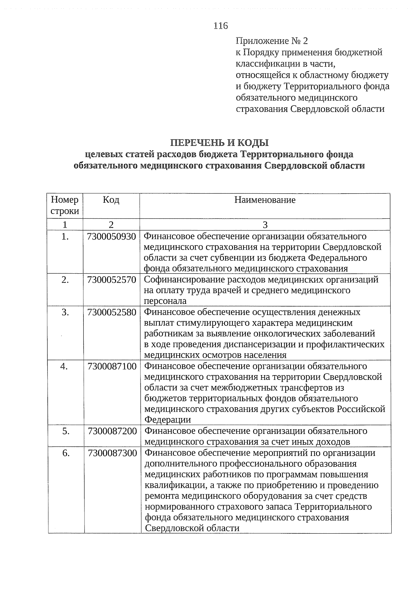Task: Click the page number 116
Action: [221, 26]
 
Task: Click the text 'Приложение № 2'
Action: [272, 41]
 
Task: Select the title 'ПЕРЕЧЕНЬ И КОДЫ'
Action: [220, 143]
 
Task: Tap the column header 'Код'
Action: [111, 200]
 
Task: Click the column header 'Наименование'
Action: [265, 200]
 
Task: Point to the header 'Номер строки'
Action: [65, 205]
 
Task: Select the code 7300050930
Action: [112, 237]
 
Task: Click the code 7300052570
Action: [112, 280]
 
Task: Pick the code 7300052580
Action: [112, 312]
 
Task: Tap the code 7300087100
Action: [112, 366]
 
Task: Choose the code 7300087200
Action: [112, 431]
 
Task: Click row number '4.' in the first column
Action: [64, 366]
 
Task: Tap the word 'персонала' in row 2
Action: [165, 301]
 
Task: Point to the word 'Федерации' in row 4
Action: [167, 420]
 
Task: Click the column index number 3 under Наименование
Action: [265, 225]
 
